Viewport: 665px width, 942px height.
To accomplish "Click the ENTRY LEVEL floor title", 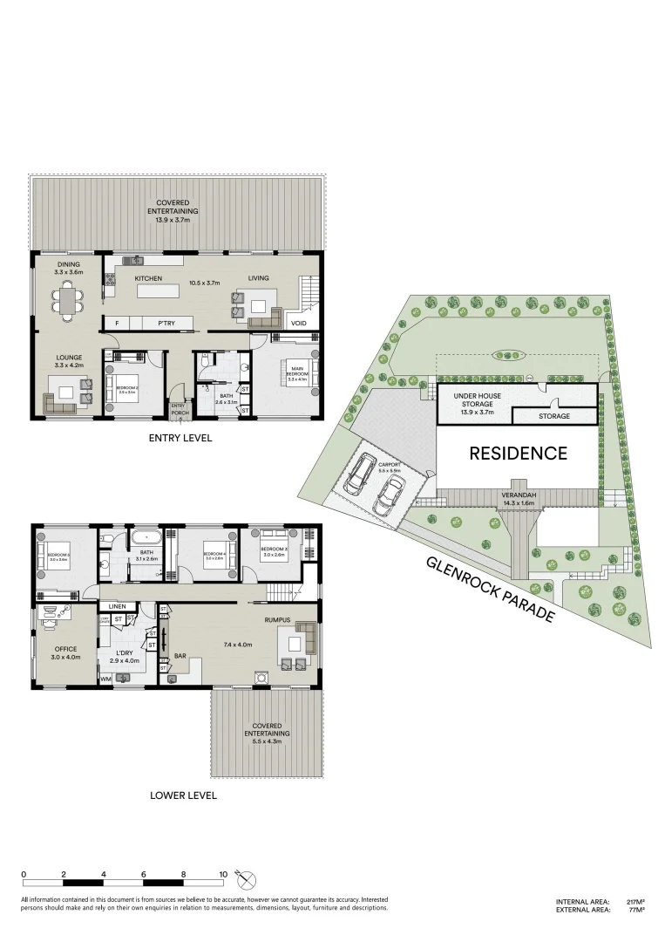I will [180, 438].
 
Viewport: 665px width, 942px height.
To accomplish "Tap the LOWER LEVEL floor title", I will [183, 795].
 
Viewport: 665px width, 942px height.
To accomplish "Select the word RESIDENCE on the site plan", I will [518, 453].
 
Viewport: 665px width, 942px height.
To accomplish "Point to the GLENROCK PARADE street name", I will [490, 590].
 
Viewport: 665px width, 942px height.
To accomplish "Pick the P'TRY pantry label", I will [166, 323].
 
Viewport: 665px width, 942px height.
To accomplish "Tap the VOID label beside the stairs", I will [298, 323].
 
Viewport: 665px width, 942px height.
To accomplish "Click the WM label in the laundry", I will [105, 678].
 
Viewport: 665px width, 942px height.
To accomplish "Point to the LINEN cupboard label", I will [117, 606].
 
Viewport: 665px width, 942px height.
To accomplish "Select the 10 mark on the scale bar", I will [223, 873].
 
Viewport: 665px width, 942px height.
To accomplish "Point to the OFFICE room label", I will [66, 648].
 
